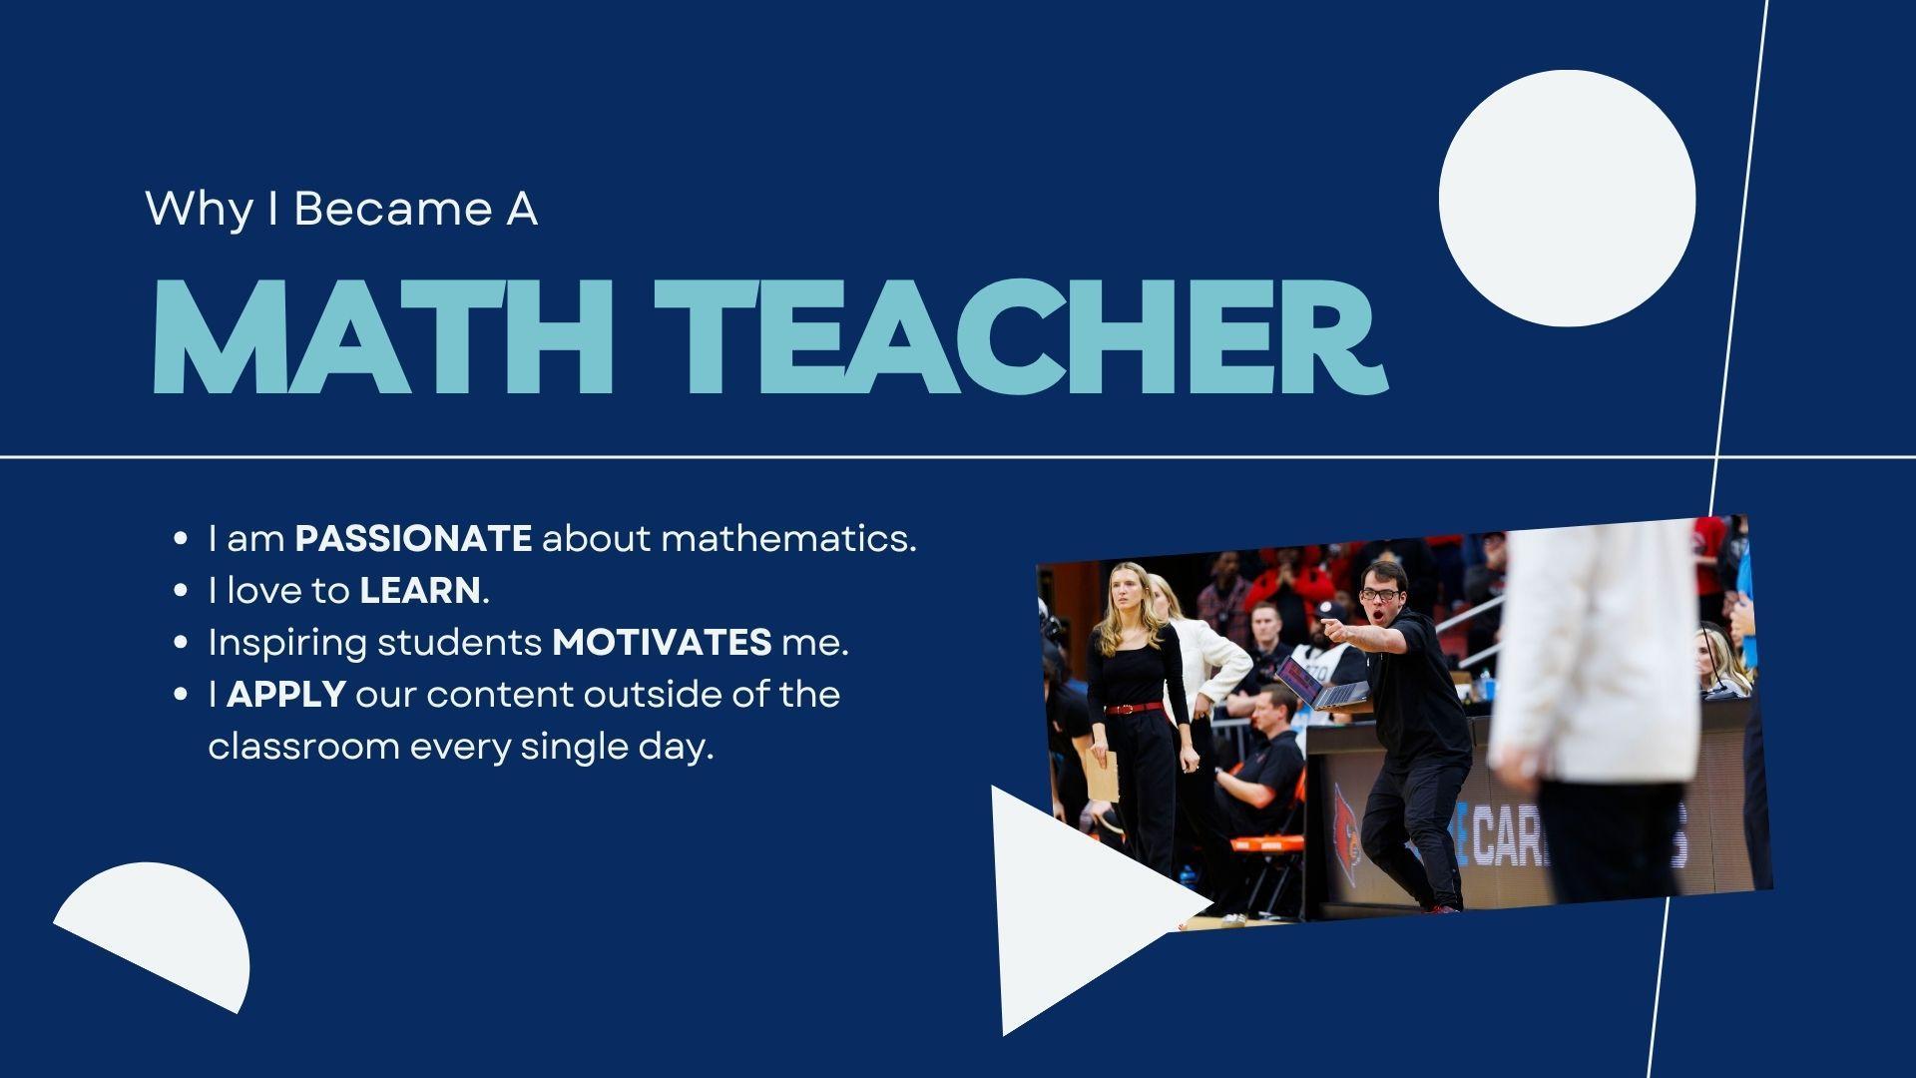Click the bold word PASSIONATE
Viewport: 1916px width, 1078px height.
pyautogui.click(x=413, y=539)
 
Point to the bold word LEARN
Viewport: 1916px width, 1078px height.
pyautogui.click(x=420, y=591)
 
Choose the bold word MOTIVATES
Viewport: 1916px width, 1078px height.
pyautogui.click(x=662, y=643)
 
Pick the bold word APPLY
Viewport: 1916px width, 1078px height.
pyautogui.click(x=286, y=695)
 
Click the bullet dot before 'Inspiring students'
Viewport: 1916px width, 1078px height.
pyautogui.click(x=181, y=643)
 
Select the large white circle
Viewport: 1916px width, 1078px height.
pyautogui.click(x=1567, y=198)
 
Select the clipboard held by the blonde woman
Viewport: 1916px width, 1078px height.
pyautogui.click(x=1103, y=776)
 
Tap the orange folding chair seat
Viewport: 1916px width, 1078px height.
pyautogui.click(x=1262, y=844)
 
